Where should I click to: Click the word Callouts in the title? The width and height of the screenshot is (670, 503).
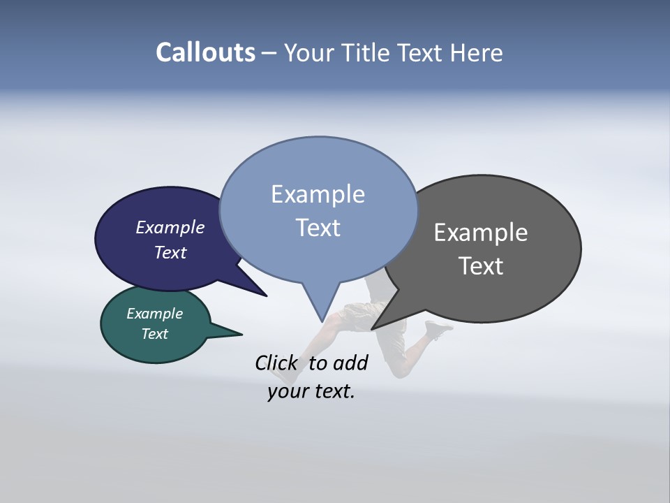click(205, 53)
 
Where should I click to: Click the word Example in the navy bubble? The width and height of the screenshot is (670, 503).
click(170, 228)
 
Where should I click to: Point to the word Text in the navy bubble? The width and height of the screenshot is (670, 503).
click(170, 252)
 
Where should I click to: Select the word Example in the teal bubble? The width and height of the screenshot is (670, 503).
click(154, 314)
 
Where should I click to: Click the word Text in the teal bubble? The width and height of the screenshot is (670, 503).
click(154, 334)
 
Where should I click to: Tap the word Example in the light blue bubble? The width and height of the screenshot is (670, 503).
click(318, 194)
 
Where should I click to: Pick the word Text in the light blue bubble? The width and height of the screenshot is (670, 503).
click(318, 228)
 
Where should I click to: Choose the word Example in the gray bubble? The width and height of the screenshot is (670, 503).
click(481, 233)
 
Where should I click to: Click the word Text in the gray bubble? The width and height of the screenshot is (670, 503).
click(481, 266)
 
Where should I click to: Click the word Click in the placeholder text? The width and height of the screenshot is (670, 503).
click(276, 363)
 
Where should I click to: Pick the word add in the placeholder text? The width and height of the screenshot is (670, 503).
click(350, 363)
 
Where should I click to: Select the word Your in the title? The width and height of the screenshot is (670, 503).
click(308, 53)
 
